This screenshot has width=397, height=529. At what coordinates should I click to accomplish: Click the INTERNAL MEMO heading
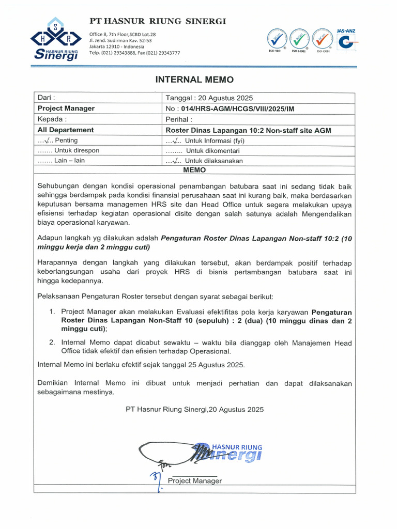[194, 80]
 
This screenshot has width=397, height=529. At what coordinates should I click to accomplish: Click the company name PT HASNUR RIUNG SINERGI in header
[158, 21]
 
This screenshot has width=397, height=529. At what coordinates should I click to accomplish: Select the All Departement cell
[66, 130]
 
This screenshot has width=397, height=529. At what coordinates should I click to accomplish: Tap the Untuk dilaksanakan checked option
[204, 161]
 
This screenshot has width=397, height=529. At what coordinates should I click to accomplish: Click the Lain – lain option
[61, 161]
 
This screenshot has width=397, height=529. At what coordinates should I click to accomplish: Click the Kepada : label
[50, 119]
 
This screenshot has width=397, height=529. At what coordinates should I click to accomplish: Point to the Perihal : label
[178, 119]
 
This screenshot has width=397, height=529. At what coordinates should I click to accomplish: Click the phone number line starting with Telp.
[134, 53]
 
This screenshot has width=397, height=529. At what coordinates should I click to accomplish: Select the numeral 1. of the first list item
[52, 312]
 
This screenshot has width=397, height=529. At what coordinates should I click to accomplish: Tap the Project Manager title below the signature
[194, 481]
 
